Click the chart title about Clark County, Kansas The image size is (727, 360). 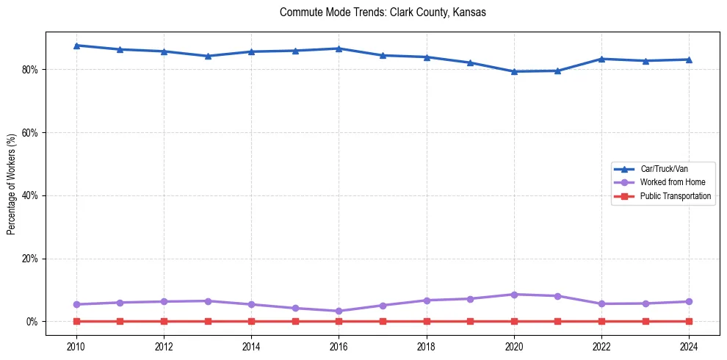pyautogui.click(x=383, y=12)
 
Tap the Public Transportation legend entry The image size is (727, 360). pyautogui.click(x=675, y=196)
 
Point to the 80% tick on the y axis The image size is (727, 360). pyautogui.click(x=32, y=70)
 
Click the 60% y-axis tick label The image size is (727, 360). pyautogui.click(x=32, y=133)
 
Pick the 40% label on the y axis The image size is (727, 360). pyautogui.click(x=32, y=195)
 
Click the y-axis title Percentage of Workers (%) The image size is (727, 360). pyautogui.click(x=12, y=184)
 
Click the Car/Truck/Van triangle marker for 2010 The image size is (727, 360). pyautogui.click(x=76, y=46)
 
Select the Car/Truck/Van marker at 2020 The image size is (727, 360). pyautogui.click(x=514, y=71)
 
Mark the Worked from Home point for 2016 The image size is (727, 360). pyautogui.click(x=339, y=311)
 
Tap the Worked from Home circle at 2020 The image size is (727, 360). pyautogui.click(x=514, y=295)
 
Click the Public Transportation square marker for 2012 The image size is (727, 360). pyautogui.click(x=164, y=321)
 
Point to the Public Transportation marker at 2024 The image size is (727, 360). pyautogui.click(x=689, y=321)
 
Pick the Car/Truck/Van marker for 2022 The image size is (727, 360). pyautogui.click(x=601, y=59)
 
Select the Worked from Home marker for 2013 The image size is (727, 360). pyautogui.click(x=208, y=301)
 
